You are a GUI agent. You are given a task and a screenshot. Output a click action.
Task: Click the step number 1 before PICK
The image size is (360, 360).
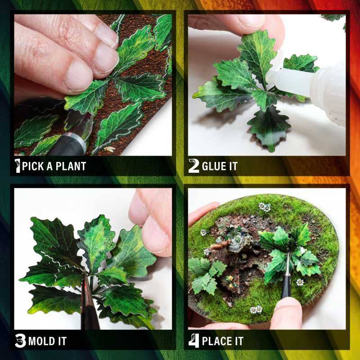click(18, 166)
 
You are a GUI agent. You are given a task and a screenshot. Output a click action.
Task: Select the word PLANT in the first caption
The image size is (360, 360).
click(71, 166)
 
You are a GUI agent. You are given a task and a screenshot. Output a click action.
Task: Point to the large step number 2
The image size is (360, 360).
click(193, 166)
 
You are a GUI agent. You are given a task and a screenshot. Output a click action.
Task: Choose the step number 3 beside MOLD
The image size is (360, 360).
click(20, 341)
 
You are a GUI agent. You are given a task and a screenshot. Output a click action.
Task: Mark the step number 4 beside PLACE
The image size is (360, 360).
click(193, 341)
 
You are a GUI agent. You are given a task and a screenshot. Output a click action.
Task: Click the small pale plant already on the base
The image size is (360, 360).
click(205, 272)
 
